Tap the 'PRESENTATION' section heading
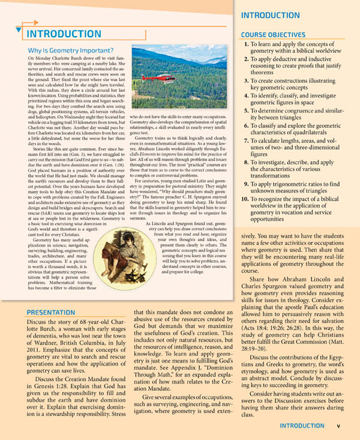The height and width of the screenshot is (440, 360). [51, 312]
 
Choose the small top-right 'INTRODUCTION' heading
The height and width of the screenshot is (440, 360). [270, 15]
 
